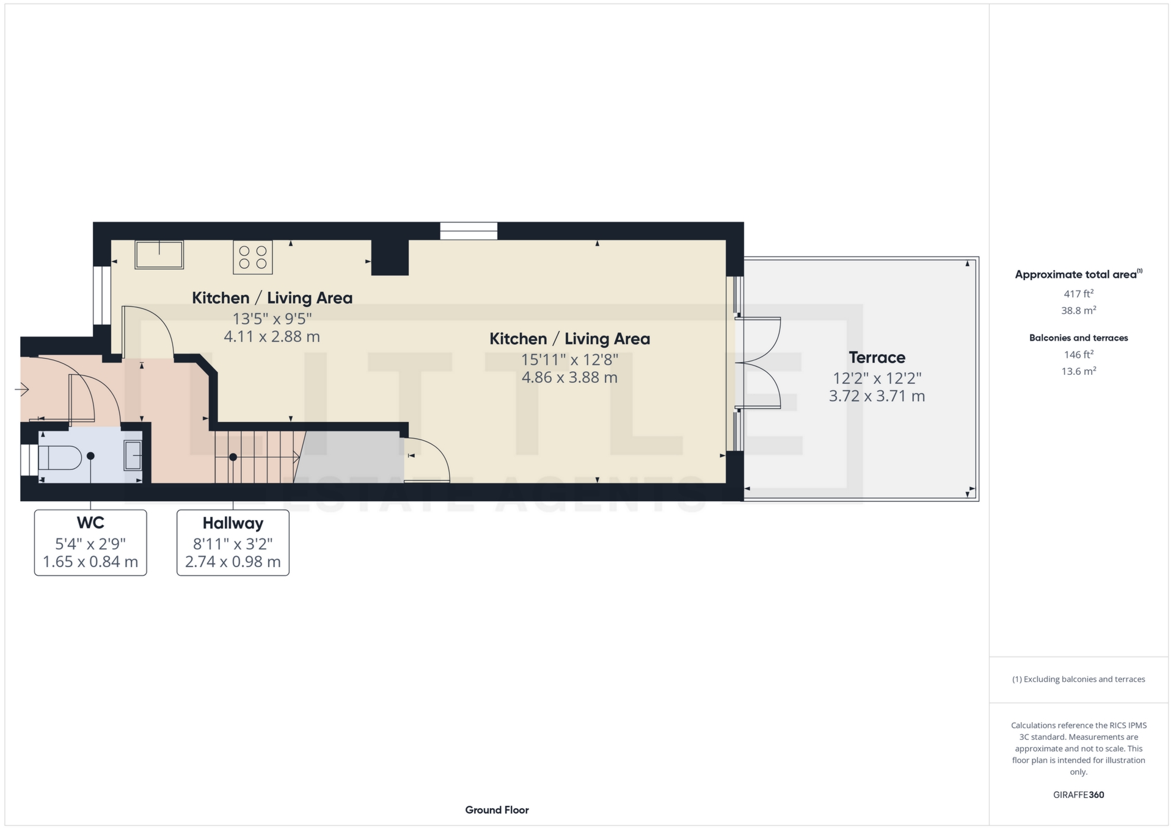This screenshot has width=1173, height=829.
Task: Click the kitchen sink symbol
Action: point(159,255)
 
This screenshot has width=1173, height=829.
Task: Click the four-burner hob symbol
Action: point(252,257)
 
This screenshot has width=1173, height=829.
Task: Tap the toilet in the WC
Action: point(60,457)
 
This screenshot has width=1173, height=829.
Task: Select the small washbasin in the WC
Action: point(133,455)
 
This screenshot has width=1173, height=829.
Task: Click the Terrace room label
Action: point(877,358)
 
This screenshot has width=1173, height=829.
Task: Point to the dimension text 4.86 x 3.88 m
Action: point(569,377)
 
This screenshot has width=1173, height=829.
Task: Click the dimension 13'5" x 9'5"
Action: point(272,318)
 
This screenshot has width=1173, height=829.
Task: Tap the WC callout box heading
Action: point(90,523)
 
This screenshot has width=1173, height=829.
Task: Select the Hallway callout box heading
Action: point(233,524)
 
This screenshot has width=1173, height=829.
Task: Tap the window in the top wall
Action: point(469,231)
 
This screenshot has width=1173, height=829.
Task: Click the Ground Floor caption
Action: point(497,810)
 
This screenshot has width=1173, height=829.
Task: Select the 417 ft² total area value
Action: point(1078,294)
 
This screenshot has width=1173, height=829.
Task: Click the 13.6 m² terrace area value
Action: point(1078,371)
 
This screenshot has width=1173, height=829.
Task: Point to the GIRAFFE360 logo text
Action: point(1078,795)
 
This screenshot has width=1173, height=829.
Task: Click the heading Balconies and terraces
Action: point(1078,338)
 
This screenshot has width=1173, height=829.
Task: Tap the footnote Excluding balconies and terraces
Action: point(1078,679)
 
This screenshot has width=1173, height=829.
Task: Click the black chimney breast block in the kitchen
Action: point(390,257)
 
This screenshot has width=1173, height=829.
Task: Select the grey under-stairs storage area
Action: point(351,457)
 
